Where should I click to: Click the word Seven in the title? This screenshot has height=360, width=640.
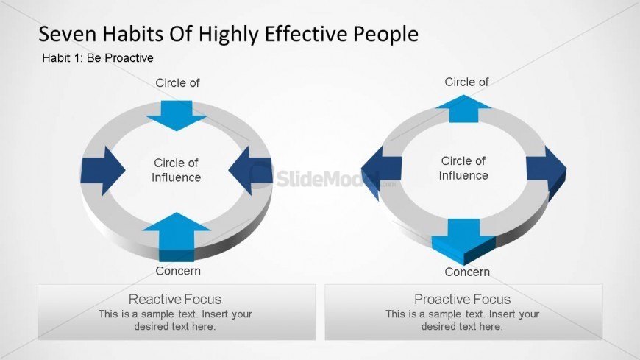tap(68, 34)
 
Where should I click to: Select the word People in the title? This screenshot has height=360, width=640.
tap(385, 35)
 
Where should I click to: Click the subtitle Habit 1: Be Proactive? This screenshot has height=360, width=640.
tap(98, 58)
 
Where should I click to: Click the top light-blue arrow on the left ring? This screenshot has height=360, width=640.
tap(177, 116)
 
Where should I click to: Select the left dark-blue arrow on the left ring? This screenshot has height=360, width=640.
tap(102, 170)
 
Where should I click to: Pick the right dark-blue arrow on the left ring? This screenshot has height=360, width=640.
tap(251, 170)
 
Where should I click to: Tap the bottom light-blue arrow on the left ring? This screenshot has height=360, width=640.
tap(177, 236)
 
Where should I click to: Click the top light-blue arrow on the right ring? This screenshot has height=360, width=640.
tap(463, 109)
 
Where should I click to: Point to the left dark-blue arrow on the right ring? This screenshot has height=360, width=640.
tap(381, 172)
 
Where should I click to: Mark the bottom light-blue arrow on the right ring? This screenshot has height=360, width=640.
tap(463, 241)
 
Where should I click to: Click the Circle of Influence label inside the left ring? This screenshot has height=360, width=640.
tap(177, 170)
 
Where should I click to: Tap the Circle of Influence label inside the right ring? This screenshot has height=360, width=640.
tap(463, 168)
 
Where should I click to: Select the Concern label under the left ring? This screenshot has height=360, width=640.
tap(178, 271)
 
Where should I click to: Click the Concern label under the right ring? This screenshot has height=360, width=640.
tap(467, 272)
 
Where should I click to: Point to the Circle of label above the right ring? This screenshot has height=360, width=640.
tap(466, 82)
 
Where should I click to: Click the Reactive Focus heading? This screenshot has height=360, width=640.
tap(175, 299)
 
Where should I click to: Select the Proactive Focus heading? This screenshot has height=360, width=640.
tap(463, 299)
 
